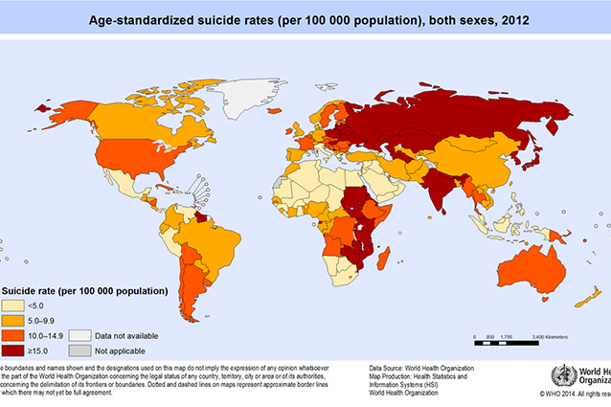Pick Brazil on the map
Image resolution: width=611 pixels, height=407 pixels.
[215, 239]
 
